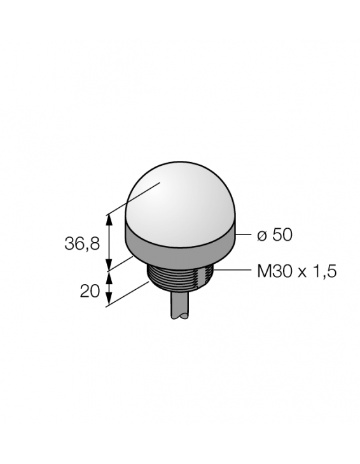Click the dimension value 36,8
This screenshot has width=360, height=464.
point(82,243)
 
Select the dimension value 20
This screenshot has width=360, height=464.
point(90,291)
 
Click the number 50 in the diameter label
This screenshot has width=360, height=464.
point(282,235)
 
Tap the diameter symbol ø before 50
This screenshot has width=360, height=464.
point(261,236)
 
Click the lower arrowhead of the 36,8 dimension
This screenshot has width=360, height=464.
point(110,265)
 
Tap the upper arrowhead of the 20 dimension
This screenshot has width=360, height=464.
point(110,274)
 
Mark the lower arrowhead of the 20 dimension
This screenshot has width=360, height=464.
point(110,301)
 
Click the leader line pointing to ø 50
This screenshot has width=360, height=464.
point(244,235)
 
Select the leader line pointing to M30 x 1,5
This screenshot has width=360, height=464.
point(232,271)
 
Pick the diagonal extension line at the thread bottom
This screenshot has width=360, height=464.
point(130,294)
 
